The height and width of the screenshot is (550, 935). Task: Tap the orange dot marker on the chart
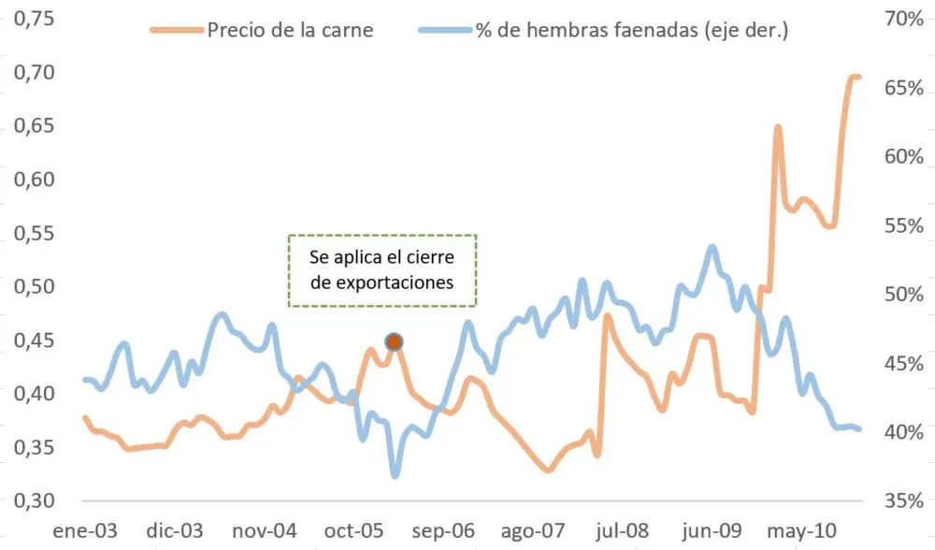pos(394,342)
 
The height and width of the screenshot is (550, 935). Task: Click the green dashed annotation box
pos(381,270)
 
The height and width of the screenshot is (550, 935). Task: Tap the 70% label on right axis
pos(903,19)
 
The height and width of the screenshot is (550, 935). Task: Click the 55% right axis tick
pos(903,225)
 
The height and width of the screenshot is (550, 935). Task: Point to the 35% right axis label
pos(903,500)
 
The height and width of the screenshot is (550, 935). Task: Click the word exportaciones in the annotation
pos(381,282)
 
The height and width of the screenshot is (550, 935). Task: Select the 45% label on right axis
pos(903,363)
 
